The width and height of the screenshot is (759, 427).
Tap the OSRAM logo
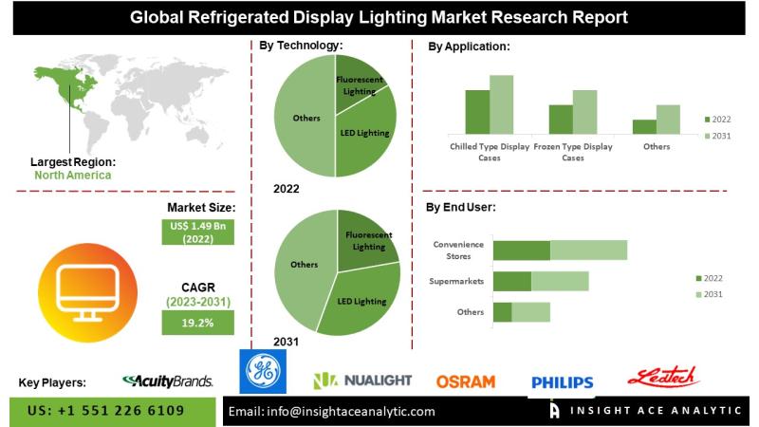(x=465, y=381)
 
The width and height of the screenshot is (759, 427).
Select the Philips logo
(x=562, y=382)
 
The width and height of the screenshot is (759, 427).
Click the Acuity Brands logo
(x=168, y=381)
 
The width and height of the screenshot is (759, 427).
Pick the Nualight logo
(x=362, y=381)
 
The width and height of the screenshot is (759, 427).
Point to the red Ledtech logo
(x=663, y=377)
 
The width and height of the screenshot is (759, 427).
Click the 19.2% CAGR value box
(x=198, y=323)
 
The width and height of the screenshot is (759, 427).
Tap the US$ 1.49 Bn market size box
(x=198, y=232)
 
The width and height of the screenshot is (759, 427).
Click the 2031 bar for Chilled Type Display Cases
(x=501, y=103)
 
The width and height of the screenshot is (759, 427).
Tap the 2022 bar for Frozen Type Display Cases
(x=561, y=119)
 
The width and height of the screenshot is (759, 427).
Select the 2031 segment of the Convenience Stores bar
(x=588, y=250)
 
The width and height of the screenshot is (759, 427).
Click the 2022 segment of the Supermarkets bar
(x=511, y=281)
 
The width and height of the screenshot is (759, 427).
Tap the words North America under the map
(x=73, y=175)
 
